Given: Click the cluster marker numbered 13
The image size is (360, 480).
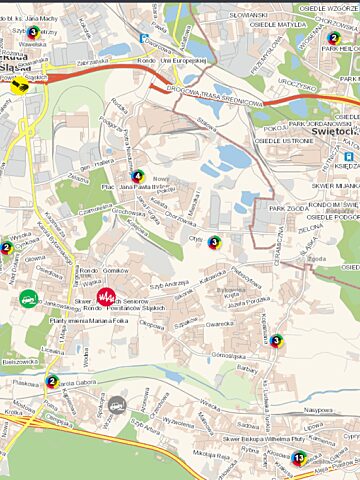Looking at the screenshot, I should point(298,458).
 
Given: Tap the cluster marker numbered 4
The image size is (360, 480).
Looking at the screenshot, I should point(137,176).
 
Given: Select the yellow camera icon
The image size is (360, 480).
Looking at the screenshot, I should point(18,88).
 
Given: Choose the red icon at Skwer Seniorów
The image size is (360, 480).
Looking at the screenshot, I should point(106,298).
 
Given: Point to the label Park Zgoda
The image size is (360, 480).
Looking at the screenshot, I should point(289,208).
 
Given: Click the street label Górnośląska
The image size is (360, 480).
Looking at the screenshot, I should point(223,355).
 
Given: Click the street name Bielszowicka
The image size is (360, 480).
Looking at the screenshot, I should point(20,361).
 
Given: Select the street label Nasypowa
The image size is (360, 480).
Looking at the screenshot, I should point(318,410).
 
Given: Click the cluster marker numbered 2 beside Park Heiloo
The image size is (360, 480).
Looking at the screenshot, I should point(333,39).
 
